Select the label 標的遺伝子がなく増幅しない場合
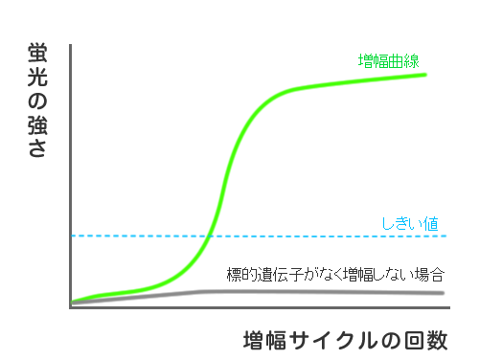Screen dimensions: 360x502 click(x=335, y=275)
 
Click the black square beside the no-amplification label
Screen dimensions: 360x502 click(x=464, y=275)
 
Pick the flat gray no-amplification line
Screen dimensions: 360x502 click(x=335, y=292)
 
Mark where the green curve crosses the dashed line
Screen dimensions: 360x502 click(x=211, y=236)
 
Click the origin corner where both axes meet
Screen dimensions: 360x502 click(x=71, y=305)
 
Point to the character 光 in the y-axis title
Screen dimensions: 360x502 click(x=39, y=78)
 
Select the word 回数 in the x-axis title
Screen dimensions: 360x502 click(x=427, y=341)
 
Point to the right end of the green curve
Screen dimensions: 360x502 click(x=423, y=75)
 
